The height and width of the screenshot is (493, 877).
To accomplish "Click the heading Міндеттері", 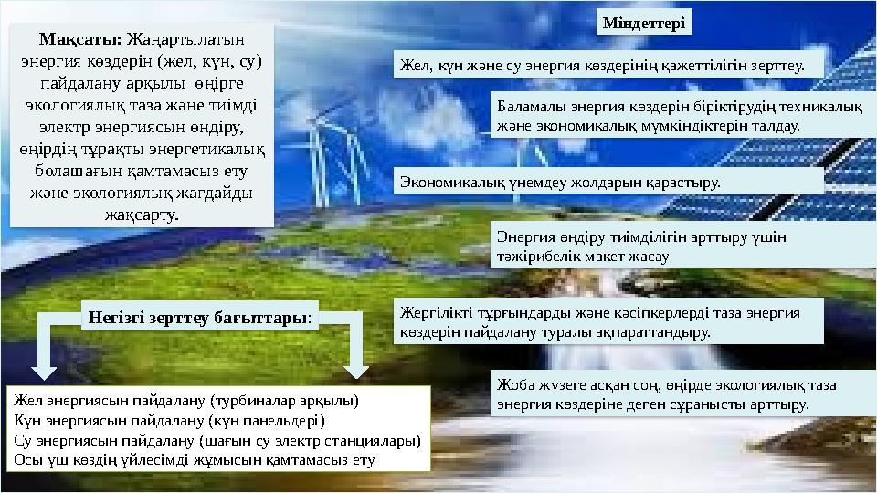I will pos(645,21).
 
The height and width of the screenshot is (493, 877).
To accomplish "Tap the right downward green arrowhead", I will pos(356,370).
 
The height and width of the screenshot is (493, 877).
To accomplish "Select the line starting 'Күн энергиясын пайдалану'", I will pos(169,421).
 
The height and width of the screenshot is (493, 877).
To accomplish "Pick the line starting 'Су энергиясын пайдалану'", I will pos(217,440).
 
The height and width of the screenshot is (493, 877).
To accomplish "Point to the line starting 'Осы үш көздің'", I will pos(195,459).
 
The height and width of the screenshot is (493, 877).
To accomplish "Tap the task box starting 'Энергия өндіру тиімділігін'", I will pos(639,246).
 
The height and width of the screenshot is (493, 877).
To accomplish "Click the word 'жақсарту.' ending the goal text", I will pos(144,215).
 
